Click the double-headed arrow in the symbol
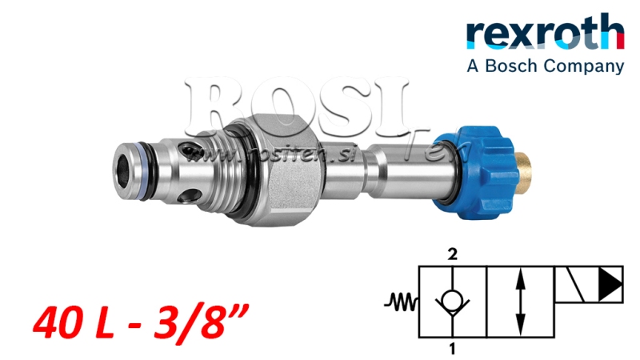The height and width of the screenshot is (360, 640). pyautogui.click(x=521, y=302)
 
